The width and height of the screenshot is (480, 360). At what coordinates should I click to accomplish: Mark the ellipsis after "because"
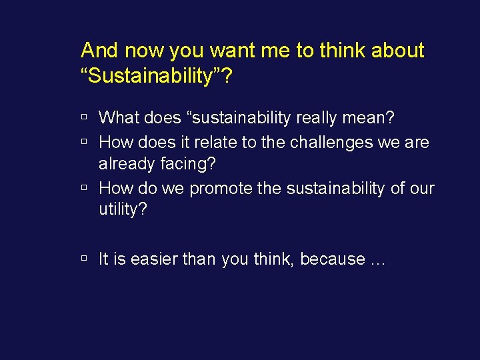click(377, 261)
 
